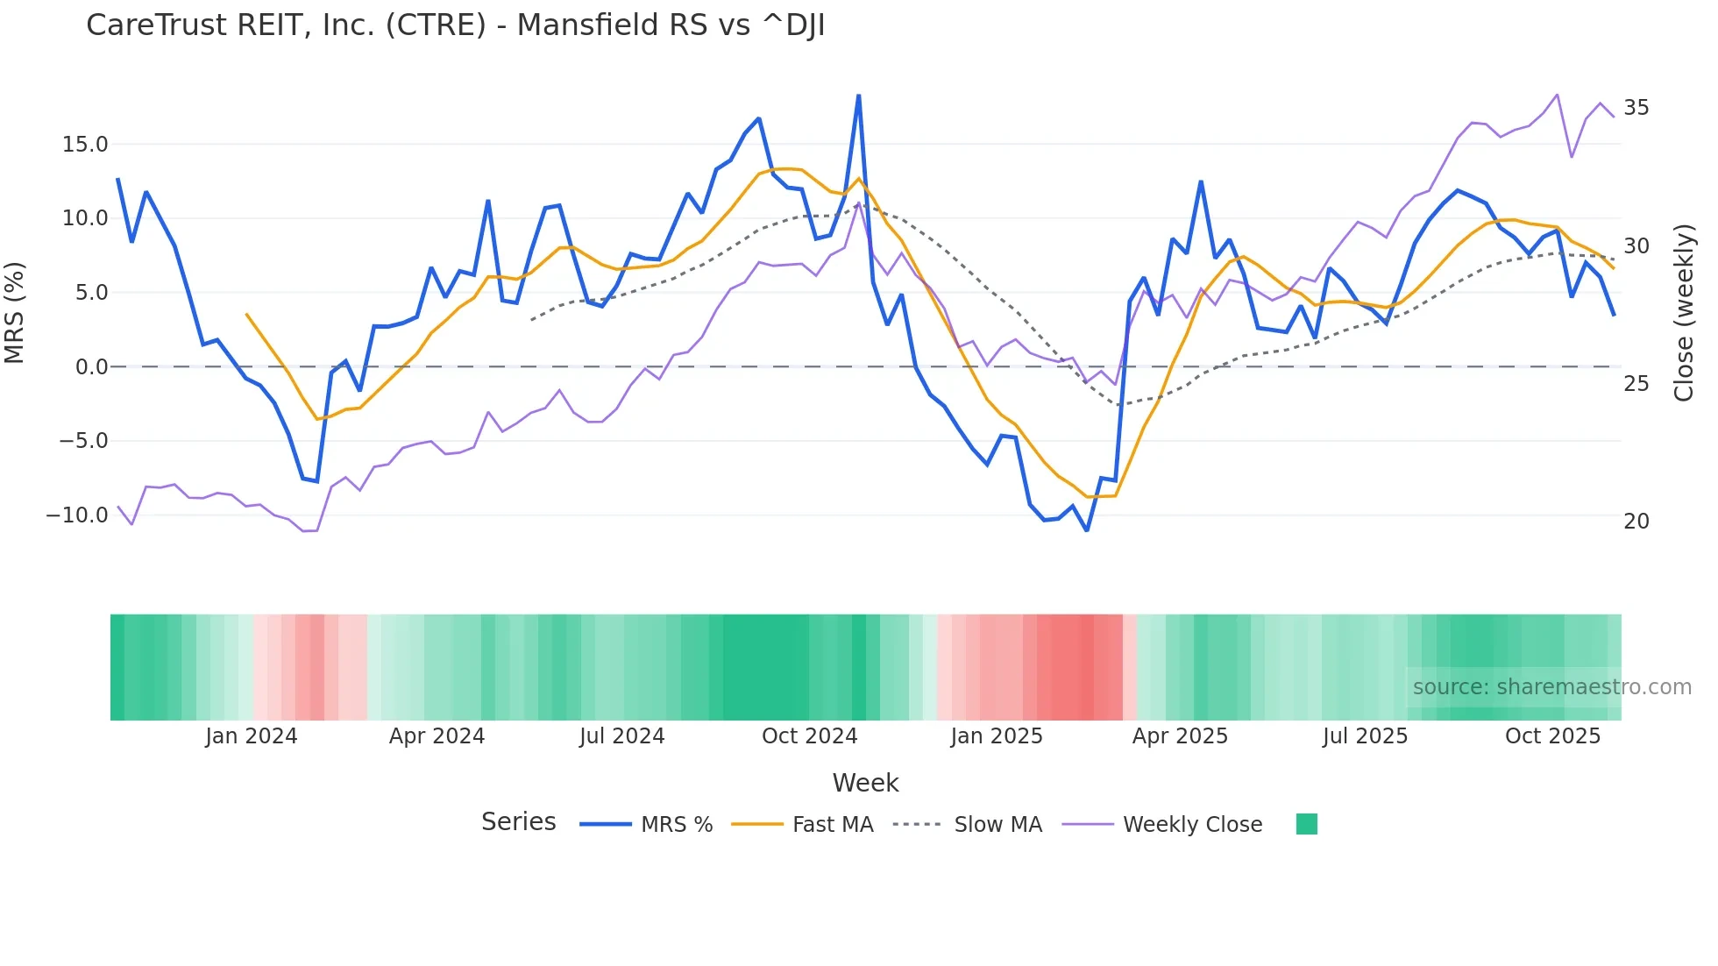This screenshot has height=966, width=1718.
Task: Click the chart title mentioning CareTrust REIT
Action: click(x=455, y=25)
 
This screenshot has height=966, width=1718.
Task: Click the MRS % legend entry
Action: click(x=676, y=825)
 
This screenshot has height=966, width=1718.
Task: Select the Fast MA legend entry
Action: click(x=832, y=825)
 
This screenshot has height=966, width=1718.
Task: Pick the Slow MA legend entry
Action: click(x=997, y=825)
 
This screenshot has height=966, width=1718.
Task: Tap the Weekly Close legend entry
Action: click(x=1192, y=825)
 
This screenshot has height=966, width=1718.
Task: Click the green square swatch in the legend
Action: click(x=1306, y=824)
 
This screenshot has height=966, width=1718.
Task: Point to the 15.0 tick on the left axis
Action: click(x=85, y=145)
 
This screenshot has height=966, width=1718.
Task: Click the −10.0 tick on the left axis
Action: click(x=77, y=515)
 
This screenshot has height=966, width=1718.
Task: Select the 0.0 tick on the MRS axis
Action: click(x=91, y=367)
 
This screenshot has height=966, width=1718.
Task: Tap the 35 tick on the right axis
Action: click(x=1636, y=108)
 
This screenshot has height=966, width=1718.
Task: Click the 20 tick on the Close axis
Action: click(x=1636, y=522)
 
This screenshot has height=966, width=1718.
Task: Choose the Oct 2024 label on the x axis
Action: click(x=809, y=736)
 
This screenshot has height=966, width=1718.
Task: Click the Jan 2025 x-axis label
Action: click(x=997, y=736)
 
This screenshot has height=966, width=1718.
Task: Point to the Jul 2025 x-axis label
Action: click(x=1365, y=736)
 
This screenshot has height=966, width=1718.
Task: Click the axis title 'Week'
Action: click(x=865, y=783)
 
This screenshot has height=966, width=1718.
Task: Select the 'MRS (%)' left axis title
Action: click(x=15, y=313)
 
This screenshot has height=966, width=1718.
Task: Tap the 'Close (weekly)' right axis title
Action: click(x=1684, y=313)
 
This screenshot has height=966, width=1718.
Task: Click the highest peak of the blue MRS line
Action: click(x=858, y=96)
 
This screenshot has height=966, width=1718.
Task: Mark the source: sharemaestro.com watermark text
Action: click(x=1551, y=687)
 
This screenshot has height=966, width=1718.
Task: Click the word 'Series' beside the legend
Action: click(x=518, y=822)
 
